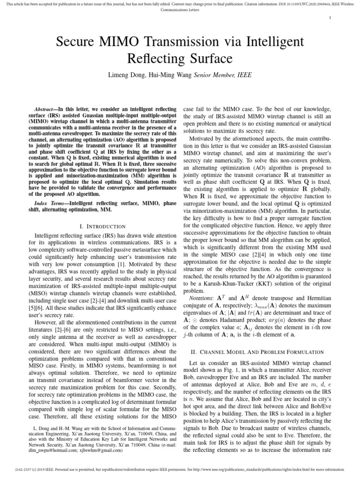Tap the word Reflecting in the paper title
[155, 59]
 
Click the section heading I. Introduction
[102, 226]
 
